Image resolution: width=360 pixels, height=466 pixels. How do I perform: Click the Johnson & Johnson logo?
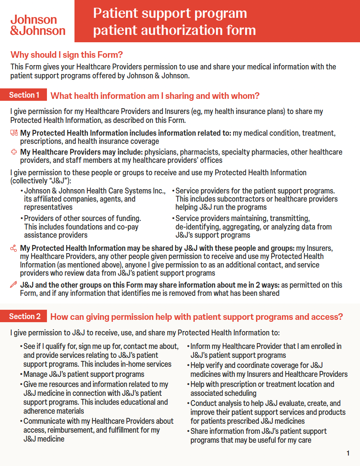pos(38,25)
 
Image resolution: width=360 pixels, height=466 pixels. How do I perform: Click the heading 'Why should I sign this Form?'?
pos(67,55)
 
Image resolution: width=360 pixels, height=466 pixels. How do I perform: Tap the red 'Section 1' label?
pos(24,95)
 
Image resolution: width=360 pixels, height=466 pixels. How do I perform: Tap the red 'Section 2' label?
pos(25,317)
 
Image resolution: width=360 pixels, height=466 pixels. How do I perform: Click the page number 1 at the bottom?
pos(348,453)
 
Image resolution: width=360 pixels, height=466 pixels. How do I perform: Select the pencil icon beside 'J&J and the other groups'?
pos(14,285)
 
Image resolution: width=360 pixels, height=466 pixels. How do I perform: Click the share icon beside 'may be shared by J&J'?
pos(14,248)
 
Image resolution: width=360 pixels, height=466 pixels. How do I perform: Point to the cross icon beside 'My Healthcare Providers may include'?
pos(14,152)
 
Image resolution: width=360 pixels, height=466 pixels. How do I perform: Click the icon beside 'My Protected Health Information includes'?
pos(14,133)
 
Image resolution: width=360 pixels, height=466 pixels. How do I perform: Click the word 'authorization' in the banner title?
pos(170,30)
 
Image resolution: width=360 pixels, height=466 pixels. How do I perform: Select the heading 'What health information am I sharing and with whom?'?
pos(155,96)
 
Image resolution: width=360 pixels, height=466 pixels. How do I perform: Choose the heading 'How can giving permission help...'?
pos(197,317)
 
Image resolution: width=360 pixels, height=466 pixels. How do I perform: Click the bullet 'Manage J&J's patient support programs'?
pos(84,375)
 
